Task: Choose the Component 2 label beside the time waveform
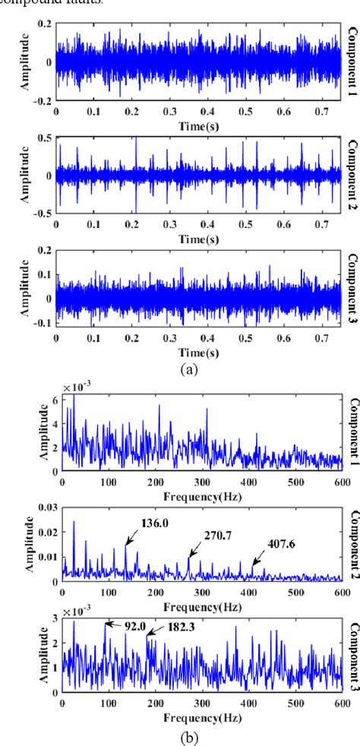point(352,177)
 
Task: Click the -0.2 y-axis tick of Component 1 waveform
point(44,100)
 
